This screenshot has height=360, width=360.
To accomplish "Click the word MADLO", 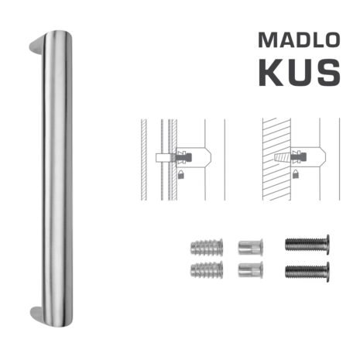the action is point(299,40).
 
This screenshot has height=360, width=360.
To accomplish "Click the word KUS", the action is point(300,73).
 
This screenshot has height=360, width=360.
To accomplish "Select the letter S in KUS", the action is point(329,73).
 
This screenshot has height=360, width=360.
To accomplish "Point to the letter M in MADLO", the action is point(267,40).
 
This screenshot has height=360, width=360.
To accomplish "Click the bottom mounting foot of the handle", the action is point(36,316).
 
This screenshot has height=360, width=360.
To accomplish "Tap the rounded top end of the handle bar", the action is point(58,37).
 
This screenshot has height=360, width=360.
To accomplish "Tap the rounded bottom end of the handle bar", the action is point(58,321).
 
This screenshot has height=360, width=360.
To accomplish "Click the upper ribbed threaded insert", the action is point(207,247).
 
